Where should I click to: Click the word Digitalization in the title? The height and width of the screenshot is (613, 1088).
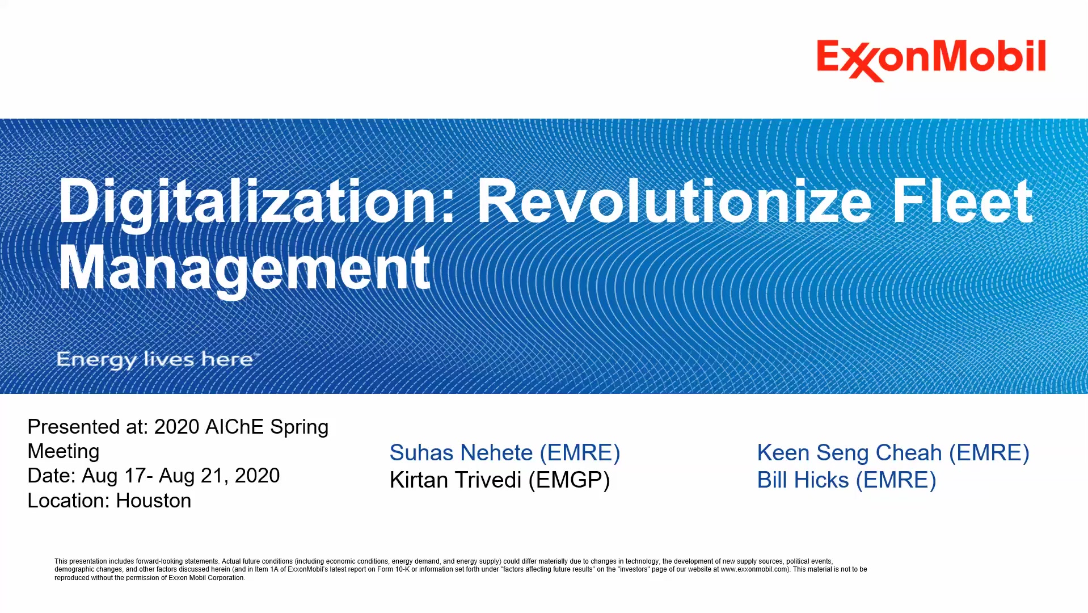pyautogui.click(x=256, y=203)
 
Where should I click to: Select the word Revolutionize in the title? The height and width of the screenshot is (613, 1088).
pyautogui.click(x=674, y=201)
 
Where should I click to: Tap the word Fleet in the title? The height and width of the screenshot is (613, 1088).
pyautogui.click(x=962, y=201)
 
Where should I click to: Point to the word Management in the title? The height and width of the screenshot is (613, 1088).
pyautogui.click(x=244, y=268)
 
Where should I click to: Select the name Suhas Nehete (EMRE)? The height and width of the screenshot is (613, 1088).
pyautogui.click(x=505, y=453)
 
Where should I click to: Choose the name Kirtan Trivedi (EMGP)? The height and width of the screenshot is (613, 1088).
pyautogui.click(x=500, y=480)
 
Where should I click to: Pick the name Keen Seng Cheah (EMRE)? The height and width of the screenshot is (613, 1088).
pyautogui.click(x=893, y=453)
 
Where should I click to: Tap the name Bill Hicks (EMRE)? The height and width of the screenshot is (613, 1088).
pyautogui.click(x=847, y=480)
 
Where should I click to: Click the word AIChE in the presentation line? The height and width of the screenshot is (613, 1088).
pyautogui.click(x=235, y=427)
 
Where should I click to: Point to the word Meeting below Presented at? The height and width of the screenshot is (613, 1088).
pyautogui.click(x=64, y=451)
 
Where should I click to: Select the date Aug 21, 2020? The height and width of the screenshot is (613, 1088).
pyautogui.click(x=220, y=476)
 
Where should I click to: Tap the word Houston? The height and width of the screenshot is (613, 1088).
pyautogui.click(x=154, y=501)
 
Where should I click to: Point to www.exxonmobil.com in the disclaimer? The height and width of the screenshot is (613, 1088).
pyautogui.click(x=754, y=569)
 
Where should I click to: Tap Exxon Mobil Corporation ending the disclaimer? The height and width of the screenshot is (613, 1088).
pyautogui.click(x=206, y=578)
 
